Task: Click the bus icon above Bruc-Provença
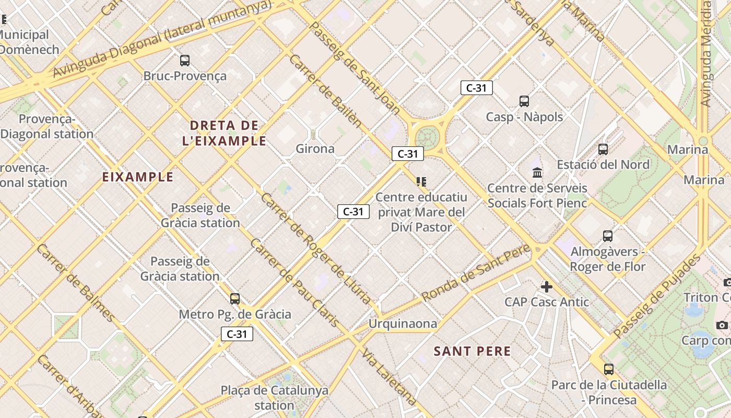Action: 185,61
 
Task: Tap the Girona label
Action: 315,149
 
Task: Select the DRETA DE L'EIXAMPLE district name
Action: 225,133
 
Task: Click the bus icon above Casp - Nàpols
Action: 524,101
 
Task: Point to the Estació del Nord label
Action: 603,165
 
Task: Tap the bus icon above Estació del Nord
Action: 603,149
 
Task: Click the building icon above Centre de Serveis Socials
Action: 537,172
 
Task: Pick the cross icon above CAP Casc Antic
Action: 547,287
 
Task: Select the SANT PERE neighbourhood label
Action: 473,351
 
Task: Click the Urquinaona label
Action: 403,324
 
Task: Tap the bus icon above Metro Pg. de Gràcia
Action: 235,299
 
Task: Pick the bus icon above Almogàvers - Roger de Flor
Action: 608,236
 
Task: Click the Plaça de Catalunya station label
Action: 275,398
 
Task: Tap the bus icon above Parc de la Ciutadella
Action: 609,369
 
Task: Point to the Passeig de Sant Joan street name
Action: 355,68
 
